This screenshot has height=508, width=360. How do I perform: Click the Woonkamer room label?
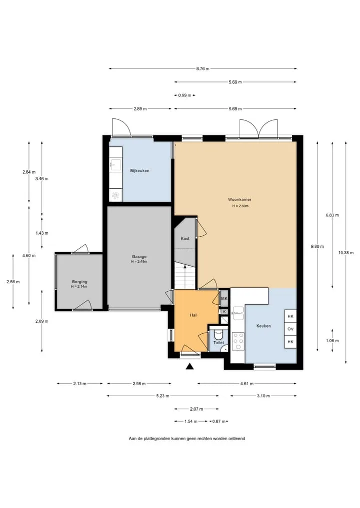click(239, 200)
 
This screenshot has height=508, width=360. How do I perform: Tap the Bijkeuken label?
click(140, 171)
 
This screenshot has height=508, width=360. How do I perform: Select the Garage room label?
click(139, 257)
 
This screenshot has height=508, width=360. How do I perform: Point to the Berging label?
click(79, 282)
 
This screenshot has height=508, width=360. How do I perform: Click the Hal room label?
click(193, 315)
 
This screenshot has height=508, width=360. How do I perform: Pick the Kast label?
click(185, 238)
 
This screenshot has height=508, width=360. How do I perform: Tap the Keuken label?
click(263, 326)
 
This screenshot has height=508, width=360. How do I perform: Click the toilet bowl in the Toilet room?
click(218, 333)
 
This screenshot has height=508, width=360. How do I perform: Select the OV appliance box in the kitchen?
click(290, 329)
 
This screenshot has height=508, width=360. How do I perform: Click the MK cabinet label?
click(224, 299)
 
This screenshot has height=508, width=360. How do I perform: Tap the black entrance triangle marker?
click(189, 366)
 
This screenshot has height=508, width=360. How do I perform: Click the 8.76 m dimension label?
click(202, 69)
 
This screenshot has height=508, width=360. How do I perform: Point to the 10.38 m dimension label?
click(345, 253)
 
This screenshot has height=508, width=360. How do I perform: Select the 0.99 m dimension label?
click(184, 95)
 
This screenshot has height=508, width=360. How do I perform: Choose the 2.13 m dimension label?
click(79, 384)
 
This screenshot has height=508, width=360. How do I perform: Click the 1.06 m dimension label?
click(332, 341)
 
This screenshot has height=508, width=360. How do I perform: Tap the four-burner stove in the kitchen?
click(238, 341)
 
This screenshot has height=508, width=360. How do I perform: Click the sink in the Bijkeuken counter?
click(115, 164)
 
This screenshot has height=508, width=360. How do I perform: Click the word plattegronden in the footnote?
click(156, 439)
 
